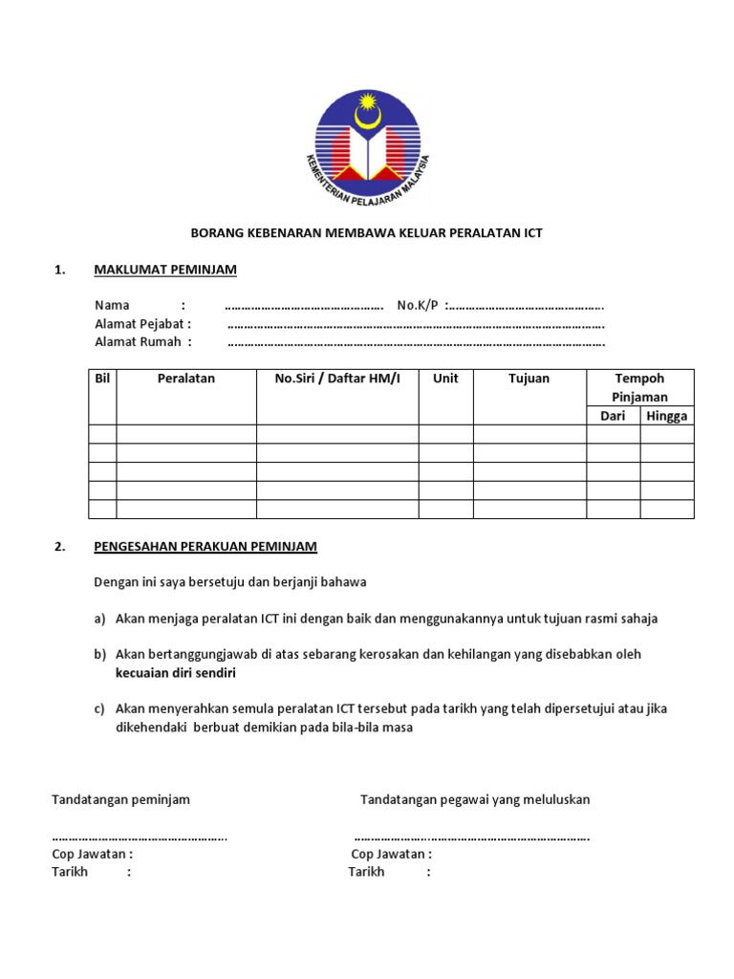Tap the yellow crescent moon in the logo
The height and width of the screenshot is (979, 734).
coord(367,116)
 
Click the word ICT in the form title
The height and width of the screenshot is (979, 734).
coord(531,233)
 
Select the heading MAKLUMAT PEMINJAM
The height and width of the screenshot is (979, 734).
coord(164,270)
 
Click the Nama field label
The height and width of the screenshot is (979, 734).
coord(112,305)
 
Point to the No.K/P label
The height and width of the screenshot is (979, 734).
coord(418,305)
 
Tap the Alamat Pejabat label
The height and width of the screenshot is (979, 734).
coord(142,323)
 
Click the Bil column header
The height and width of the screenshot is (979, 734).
coord(102,379)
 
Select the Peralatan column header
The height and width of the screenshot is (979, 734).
coord(186,379)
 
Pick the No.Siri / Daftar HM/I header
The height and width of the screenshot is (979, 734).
coord(337,379)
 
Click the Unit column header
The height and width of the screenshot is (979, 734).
coord(445,379)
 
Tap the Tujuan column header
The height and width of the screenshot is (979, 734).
coord(529,379)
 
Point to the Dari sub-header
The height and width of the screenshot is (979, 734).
coord(613,416)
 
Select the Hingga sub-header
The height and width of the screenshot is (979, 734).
coord(666,416)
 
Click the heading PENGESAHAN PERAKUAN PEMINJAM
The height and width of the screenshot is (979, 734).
coord(205,547)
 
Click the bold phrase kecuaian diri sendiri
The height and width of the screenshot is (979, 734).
coord(175,673)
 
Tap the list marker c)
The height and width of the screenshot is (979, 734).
coord(99,709)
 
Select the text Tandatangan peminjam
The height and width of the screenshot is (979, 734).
coord(120,799)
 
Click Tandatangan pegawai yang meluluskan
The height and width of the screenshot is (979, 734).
coord(475,799)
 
